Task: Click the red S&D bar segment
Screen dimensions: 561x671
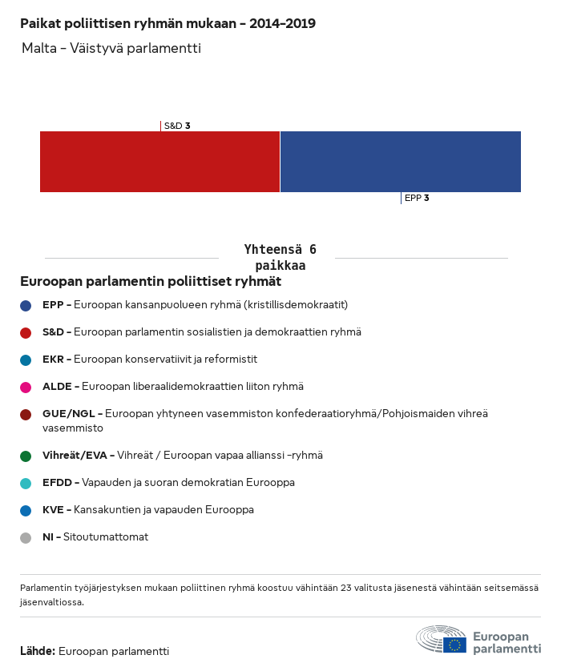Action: point(159,162)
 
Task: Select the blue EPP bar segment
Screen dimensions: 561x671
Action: point(401,162)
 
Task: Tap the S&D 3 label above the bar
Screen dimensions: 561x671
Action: point(177,126)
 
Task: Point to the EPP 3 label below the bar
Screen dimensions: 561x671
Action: point(417,198)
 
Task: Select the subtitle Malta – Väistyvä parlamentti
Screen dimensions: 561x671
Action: point(111,48)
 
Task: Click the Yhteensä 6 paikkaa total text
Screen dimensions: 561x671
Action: point(280,257)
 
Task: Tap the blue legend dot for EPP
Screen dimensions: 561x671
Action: point(26,306)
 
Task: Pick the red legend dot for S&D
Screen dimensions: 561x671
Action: point(26,333)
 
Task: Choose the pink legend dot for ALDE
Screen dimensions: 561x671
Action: point(26,388)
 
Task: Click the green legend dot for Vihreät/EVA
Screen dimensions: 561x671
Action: point(26,456)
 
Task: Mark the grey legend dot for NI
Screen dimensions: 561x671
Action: point(26,538)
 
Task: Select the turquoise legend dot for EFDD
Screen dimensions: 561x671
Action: point(26,484)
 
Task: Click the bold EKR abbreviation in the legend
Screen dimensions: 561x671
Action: point(53,359)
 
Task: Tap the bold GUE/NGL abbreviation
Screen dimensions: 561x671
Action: point(68,413)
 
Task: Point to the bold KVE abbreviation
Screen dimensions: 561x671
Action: point(53,510)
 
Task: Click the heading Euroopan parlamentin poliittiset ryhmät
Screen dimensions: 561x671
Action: point(151,281)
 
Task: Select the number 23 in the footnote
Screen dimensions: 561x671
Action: point(346,588)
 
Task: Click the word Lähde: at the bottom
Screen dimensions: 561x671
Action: point(38,651)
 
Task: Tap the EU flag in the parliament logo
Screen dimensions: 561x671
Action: point(454,645)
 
